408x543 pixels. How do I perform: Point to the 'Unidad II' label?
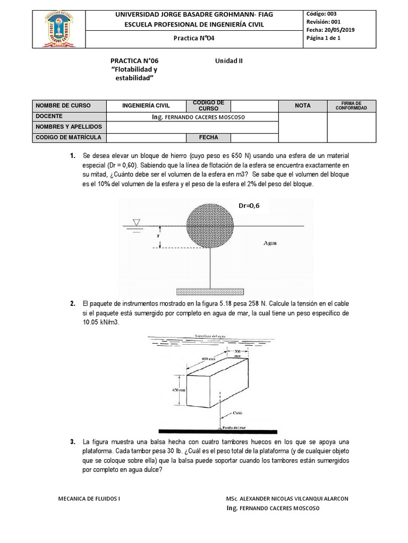(228, 61)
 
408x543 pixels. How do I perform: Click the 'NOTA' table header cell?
(303, 106)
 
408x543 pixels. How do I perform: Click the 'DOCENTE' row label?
(49, 116)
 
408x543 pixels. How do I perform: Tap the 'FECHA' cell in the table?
(208, 138)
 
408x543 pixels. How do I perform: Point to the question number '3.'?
(73, 442)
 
